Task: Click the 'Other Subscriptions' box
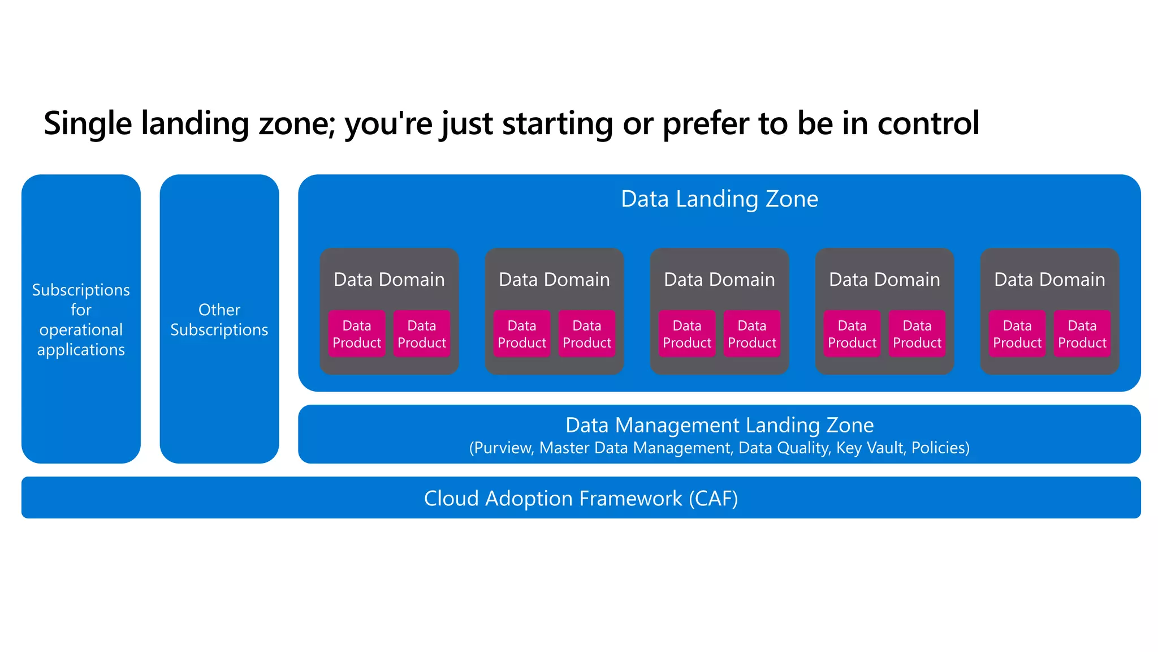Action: pos(219,320)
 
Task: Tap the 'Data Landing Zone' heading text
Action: pos(719,199)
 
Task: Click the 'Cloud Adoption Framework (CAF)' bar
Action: pos(581,498)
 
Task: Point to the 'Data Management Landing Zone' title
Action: pos(719,425)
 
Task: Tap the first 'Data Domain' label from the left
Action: pos(389,280)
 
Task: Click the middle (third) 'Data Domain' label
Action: pos(719,280)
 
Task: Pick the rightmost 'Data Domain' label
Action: pos(1049,280)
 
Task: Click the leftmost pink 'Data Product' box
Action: pos(357,334)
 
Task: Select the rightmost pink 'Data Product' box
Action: pos(1082,334)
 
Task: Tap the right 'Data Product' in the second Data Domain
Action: pos(587,334)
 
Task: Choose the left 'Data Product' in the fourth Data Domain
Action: pos(852,334)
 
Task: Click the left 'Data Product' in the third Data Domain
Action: pos(687,334)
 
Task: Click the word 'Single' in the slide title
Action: pos(88,123)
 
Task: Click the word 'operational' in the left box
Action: pos(81,330)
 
